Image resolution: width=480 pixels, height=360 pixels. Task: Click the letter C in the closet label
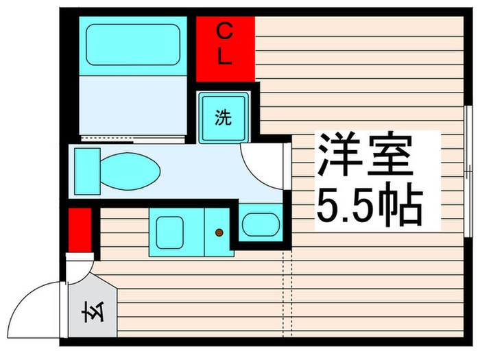[x=225, y=30]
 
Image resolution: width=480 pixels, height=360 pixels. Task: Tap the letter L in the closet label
[x=225, y=58]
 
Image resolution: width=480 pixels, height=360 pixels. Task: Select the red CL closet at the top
[x=226, y=47]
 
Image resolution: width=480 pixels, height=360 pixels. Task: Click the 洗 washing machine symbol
[x=224, y=118]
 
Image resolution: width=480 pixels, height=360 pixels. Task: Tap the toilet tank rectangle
[x=87, y=169]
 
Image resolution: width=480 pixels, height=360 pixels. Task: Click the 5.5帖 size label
[x=368, y=204]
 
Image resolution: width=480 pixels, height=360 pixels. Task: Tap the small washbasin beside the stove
[x=261, y=224]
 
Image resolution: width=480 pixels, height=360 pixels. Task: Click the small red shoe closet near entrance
[x=80, y=230]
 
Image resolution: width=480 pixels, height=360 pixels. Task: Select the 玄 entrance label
[x=91, y=317]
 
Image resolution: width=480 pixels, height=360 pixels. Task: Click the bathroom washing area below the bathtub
[x=130, y=106]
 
